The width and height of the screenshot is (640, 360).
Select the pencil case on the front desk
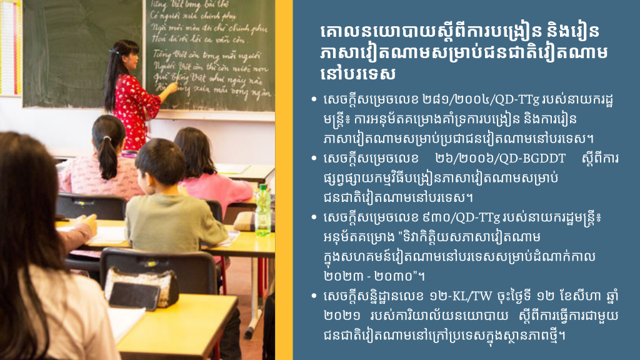[x=142, y=288]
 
